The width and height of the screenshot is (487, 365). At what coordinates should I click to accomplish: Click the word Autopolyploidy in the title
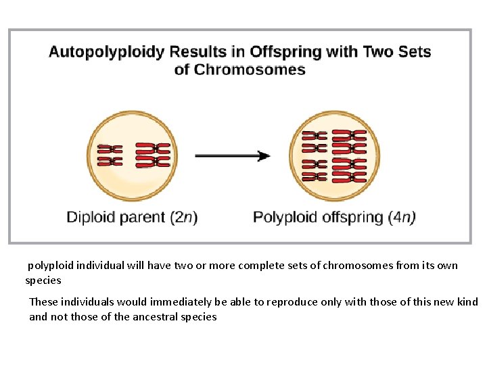click(x=107, y=52)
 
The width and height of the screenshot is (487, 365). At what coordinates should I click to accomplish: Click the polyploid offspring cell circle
click(x=334, y=155)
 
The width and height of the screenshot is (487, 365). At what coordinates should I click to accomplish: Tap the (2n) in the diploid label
click(x=183, y=218)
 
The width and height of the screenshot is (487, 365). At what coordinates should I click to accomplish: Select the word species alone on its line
click(x=43, y=281)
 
